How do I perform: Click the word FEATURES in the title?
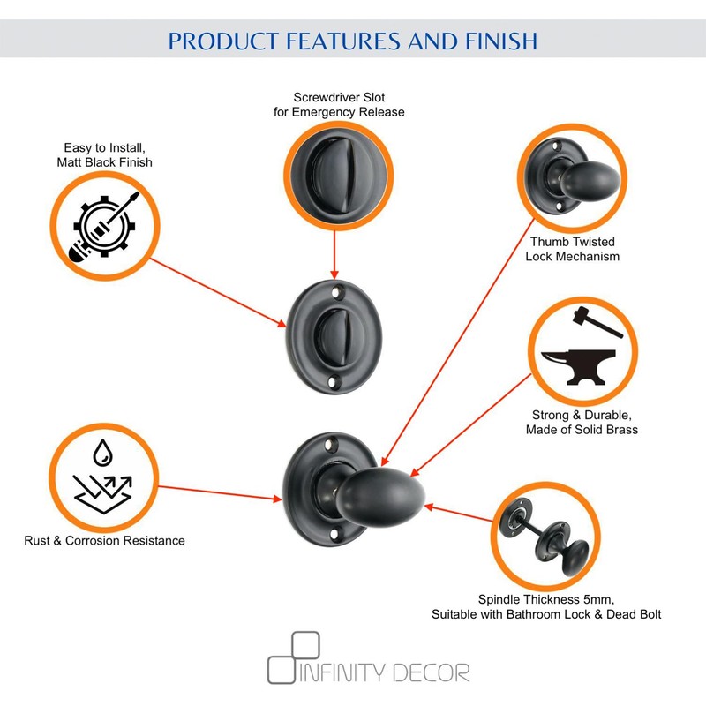[342, 41]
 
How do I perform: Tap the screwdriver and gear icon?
[104, 226]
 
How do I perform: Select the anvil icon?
[578, 367]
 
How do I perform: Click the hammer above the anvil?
[598, 321]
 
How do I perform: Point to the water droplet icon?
[102, 453]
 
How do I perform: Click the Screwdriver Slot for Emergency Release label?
[339, 104]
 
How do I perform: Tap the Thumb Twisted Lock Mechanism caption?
[572, 249]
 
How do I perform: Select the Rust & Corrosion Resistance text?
[104, 540]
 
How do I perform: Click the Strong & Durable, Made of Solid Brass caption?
[582, 422]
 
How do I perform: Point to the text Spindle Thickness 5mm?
[546, 599]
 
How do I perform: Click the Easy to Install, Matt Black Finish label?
[104, 155]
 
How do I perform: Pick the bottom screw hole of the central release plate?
[333, 383]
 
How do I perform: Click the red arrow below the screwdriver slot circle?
[334, 255]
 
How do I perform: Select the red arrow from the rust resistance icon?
[220, 492]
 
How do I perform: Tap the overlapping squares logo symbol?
[293, 657]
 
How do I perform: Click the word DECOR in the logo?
[432, 672]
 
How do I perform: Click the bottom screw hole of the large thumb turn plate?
[334, 534]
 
